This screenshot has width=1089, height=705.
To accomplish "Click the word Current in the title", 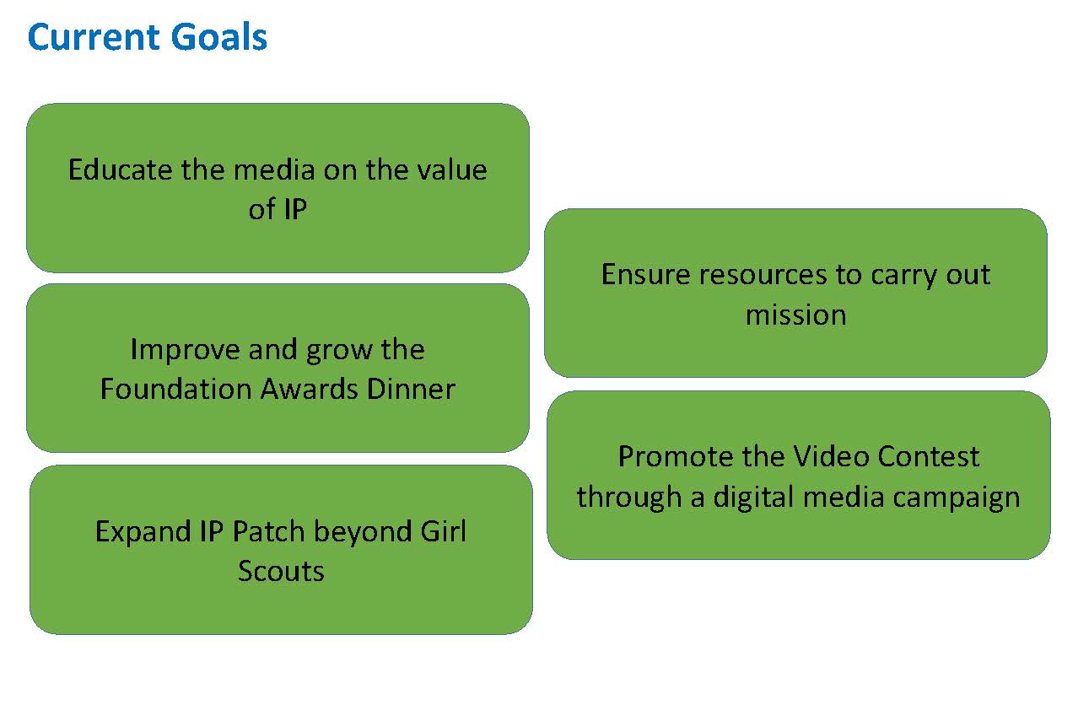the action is (94, 37).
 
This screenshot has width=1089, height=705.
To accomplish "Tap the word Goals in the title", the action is (219, 37).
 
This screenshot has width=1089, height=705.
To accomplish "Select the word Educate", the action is (120, 170).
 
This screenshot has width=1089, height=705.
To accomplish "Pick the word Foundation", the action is (176, 389).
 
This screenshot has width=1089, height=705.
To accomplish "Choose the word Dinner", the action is (411, 389).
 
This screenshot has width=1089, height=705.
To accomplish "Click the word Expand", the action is (143, 532).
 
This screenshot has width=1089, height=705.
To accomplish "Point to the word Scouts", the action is (281, 571).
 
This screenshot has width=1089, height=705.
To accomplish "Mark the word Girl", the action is (444, 531).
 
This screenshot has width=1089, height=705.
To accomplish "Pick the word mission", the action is (795, 315).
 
